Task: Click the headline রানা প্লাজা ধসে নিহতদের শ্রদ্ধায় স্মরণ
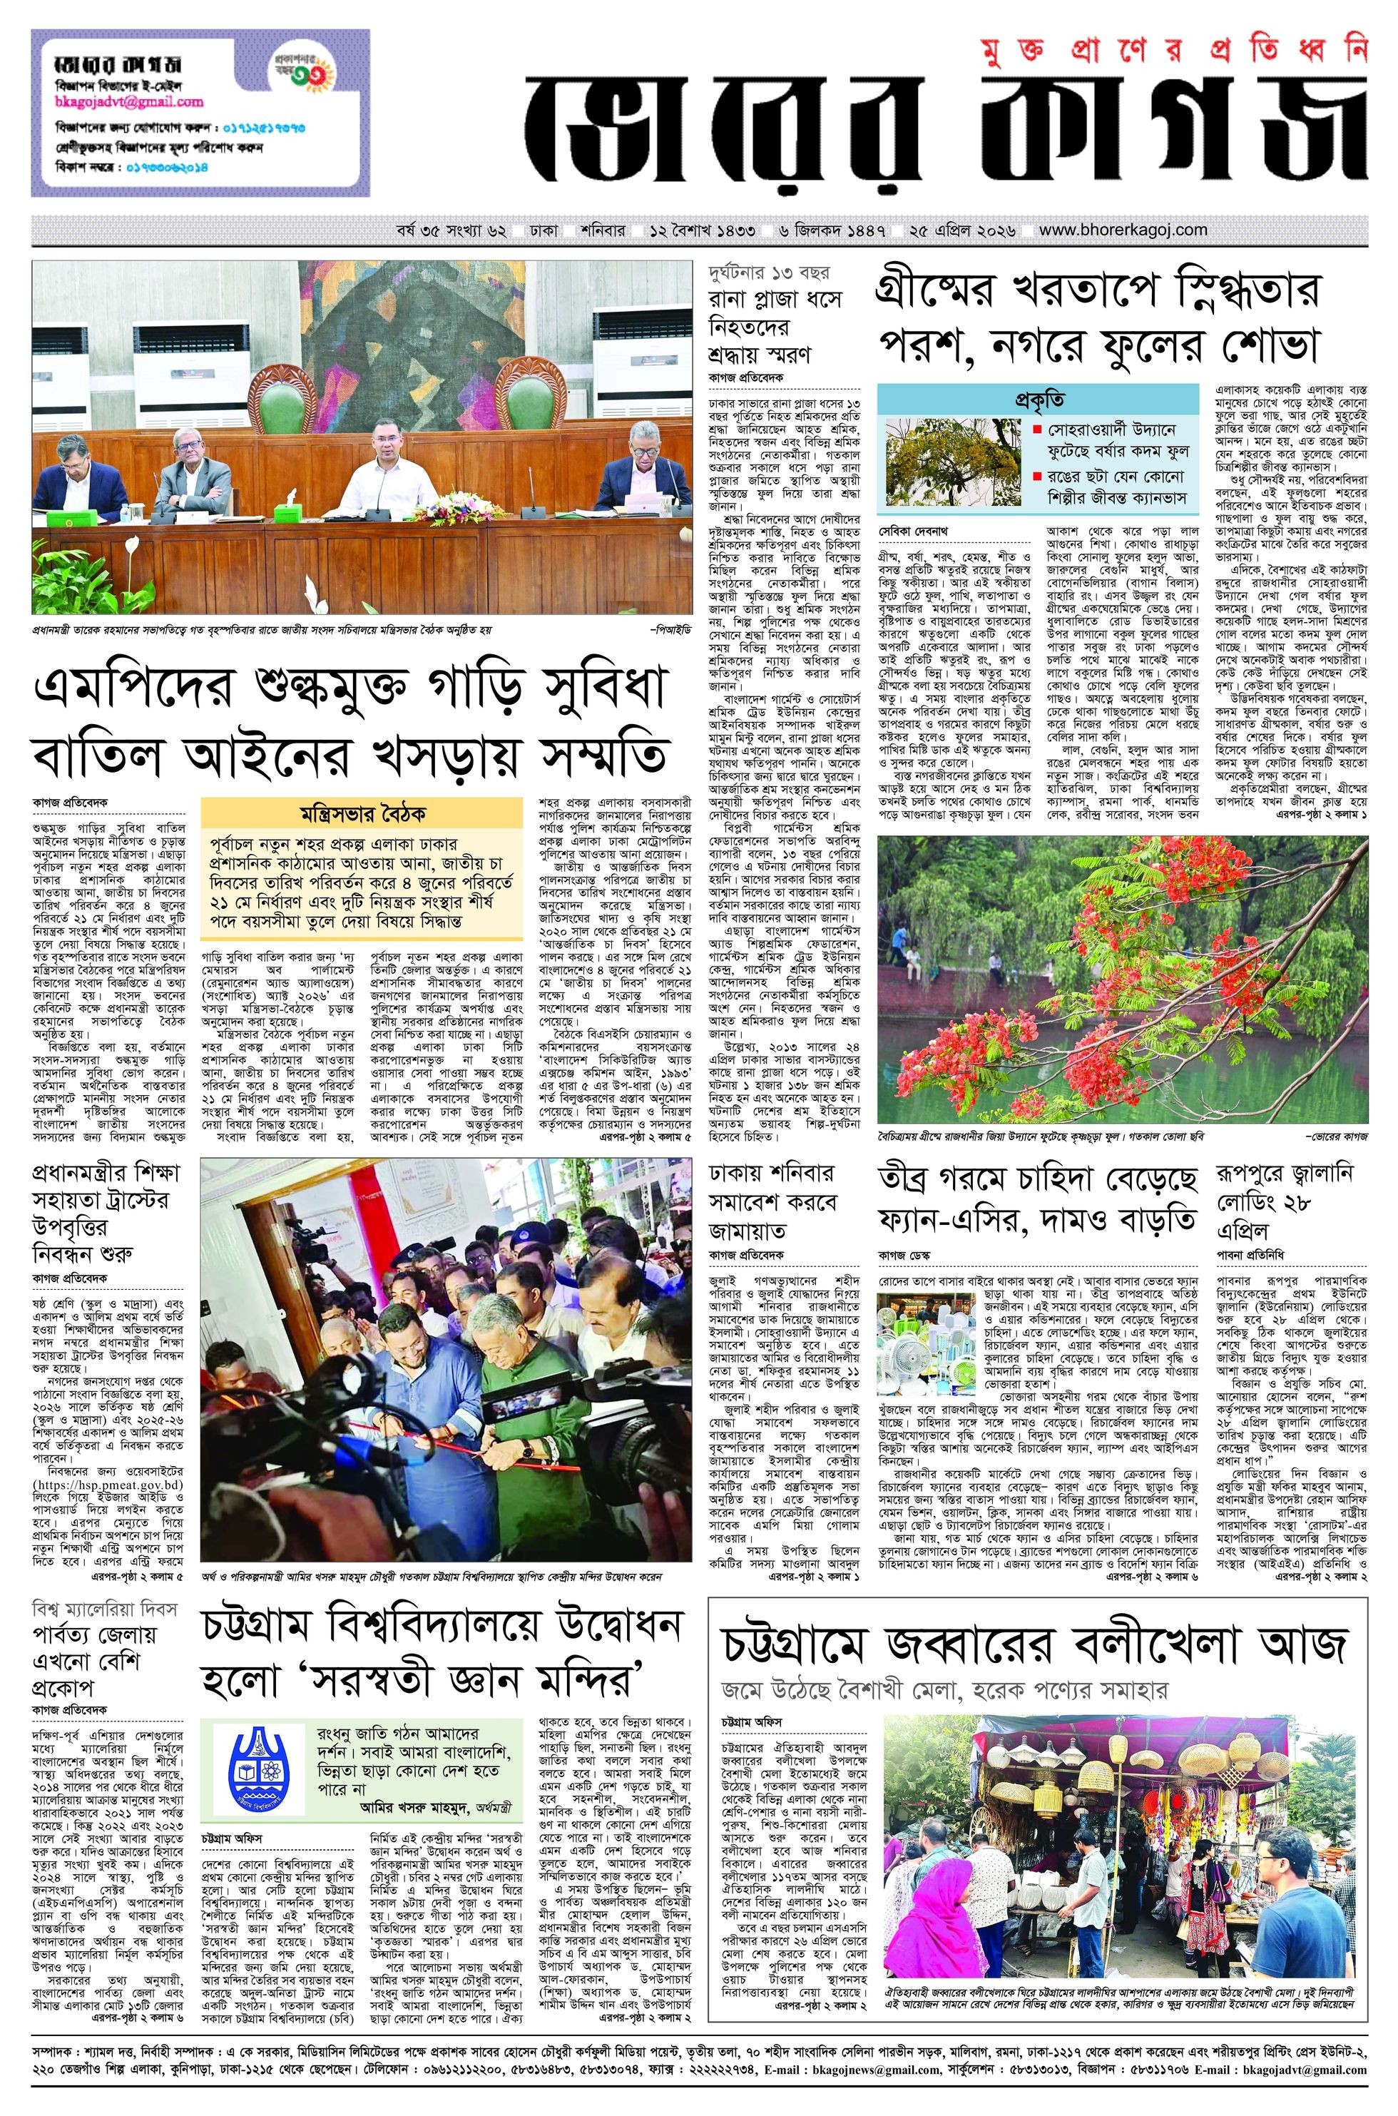(x=774, y=326)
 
